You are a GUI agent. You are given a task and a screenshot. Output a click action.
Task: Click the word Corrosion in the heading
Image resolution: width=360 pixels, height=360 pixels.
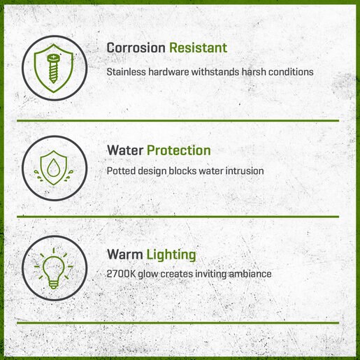[x=136, y=48]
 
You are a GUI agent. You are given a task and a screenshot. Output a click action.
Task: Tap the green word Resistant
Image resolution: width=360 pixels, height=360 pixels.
[x=198, y=48]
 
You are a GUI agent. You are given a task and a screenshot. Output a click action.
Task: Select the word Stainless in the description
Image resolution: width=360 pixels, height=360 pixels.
[x=126, y=72]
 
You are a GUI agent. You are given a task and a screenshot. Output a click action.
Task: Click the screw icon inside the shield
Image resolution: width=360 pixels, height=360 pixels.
[x=53, y=69]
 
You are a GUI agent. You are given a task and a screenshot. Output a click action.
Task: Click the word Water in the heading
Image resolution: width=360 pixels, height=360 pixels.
[x=125, y=150]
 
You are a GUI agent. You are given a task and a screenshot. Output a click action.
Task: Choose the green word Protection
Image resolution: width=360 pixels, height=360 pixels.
[x=179, y=150]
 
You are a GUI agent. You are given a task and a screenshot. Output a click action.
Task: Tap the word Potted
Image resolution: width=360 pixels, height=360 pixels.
[x=121, y=171]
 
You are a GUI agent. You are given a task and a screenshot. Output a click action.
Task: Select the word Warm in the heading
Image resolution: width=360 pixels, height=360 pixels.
[x=124, y=254]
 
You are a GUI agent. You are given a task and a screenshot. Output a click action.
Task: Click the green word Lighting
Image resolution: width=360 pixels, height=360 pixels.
[x=171, y=254]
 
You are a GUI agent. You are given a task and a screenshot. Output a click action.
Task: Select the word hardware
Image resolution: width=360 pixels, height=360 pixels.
[x=168, y=72]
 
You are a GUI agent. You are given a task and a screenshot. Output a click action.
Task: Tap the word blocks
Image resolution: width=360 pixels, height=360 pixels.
[x=182, y=171]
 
